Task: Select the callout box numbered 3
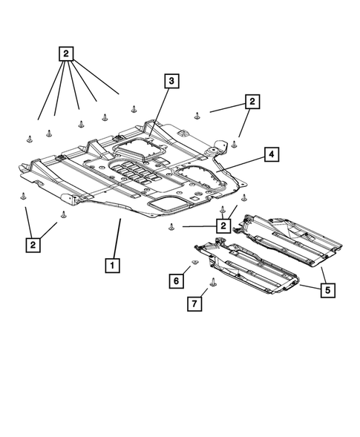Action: click(x=171, y=81)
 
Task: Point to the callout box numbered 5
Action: click(x=326, y=290)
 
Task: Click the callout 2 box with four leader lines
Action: click(x=67, y=53)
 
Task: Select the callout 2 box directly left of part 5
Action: click(x=221, y=225)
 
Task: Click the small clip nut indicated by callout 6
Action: click(x=194, y=264)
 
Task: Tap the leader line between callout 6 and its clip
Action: click(x=186, y=272)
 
